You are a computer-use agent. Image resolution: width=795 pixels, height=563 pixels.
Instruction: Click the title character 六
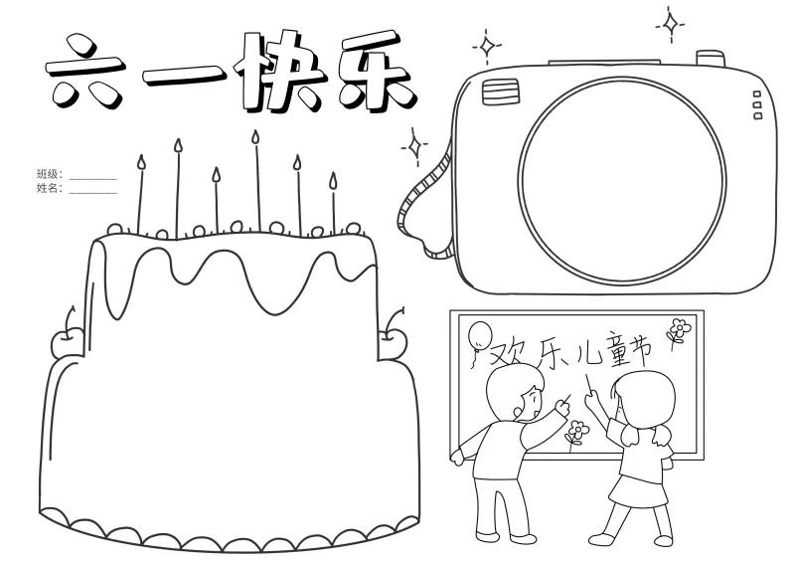84,71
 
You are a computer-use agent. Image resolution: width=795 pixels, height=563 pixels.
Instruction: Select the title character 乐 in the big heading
377,71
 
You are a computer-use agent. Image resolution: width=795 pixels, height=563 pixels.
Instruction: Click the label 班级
48,174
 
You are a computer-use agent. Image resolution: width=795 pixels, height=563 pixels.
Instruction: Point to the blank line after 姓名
92,193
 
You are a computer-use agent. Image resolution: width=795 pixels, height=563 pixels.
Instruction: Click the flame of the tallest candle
255,136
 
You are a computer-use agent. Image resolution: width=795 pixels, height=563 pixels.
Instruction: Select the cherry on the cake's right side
393,339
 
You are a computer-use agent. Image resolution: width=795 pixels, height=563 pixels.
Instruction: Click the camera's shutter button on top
711,58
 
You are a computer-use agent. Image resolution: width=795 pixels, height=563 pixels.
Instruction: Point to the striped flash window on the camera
501,92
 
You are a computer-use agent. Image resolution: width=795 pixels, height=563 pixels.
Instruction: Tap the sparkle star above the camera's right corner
670,24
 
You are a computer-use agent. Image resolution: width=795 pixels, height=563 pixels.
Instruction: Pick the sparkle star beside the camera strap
415,147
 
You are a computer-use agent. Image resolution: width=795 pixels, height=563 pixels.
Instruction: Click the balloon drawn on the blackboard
480,335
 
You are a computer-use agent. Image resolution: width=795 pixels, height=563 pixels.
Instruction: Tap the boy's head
515,394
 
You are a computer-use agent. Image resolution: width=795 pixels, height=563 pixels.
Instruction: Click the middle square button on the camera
757,105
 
